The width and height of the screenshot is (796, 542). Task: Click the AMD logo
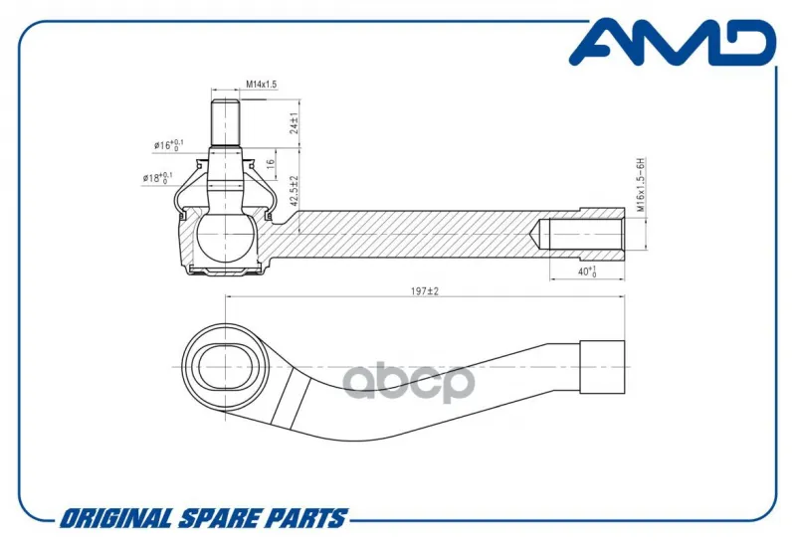[x=673, y=43]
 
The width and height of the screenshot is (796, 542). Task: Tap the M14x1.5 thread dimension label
[x=262, y=85]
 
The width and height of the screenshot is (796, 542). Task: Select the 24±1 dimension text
[x=294, y=123]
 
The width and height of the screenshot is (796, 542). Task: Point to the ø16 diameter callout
[x=168, y=145]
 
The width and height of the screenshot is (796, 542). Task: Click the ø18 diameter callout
[x=157, y=178]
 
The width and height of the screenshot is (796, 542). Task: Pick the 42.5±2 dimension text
[x=294, y=191]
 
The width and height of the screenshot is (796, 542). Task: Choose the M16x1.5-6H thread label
[x=641, y=185]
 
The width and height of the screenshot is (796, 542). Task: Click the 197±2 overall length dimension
[x=425, y=291]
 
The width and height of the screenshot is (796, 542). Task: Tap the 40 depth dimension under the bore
[x=587, y=271]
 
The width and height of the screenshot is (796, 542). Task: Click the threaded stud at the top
[x=225, y=123]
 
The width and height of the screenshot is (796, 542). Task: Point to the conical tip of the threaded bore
[x=534, y=235]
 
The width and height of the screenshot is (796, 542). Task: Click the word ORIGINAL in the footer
[x=114, y=519]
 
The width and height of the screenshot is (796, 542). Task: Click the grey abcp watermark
[x=409, y=381]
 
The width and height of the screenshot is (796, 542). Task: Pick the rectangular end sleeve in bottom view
[x=602, y=367]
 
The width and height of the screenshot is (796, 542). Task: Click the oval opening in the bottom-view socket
[x=225, y=367]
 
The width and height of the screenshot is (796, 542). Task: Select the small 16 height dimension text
[x=271, y=163]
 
